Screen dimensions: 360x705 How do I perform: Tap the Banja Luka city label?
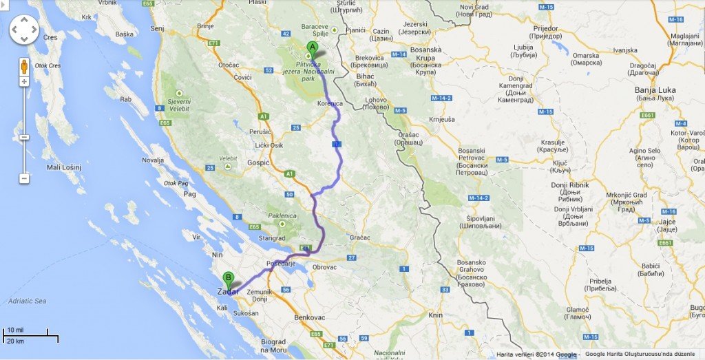pos(655,90)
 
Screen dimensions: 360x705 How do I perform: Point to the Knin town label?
pos(435,315)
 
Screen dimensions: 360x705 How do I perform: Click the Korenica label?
pos(330,103)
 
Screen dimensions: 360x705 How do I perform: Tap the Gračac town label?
pos(359,237)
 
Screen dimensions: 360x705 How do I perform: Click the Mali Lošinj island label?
pos(64,167)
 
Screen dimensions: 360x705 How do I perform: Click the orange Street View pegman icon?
pos(24,67)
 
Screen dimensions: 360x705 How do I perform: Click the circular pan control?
pos(24,29)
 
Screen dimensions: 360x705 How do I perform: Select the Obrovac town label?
pos(324,266)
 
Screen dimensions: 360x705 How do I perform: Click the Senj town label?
pos(157,28)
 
